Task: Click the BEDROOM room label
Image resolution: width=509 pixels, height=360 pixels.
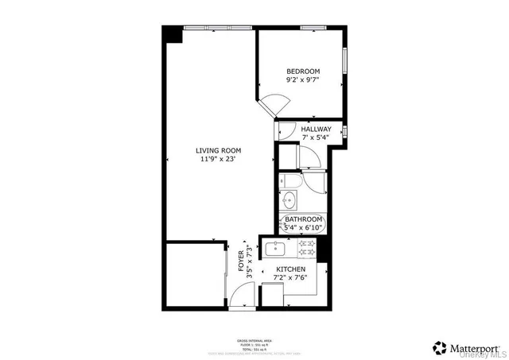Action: point(302,72)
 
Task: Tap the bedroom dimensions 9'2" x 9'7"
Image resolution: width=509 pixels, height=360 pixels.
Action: point(302,80)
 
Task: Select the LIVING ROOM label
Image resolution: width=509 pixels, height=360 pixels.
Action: point(220,150)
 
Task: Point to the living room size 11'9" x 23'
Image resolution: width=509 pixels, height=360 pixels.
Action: point(220,160)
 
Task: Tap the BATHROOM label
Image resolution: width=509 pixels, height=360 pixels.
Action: point(304,219)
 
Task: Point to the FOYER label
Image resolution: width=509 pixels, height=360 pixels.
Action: point(242,261)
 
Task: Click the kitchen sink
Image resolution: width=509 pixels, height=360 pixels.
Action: point(275,249)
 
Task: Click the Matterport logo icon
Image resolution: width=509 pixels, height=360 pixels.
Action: point(438,346)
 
